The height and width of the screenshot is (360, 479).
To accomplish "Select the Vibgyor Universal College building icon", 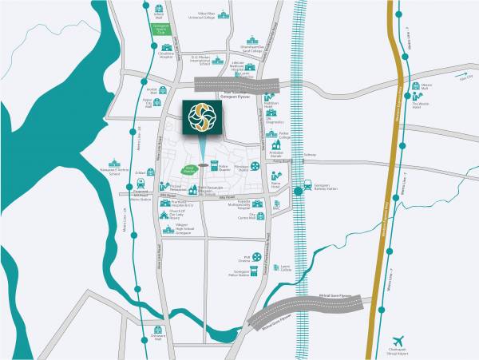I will pyautogui.click(x=203, y=14).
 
